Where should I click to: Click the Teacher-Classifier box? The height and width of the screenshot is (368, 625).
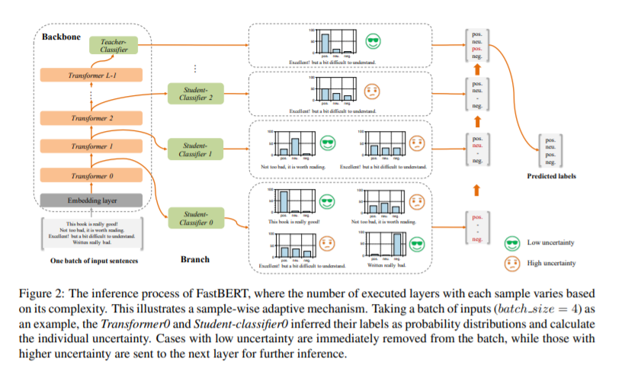tap(108, 46)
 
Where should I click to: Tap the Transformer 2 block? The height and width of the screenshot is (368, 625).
tap(91, 118)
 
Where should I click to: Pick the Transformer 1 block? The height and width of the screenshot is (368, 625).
tap(91, 146)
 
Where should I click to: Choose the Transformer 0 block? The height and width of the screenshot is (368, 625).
tap(91, 176)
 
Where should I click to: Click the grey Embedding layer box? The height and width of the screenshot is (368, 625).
tap(91, 200)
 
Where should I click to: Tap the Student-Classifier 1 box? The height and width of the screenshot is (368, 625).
tap(194, 149)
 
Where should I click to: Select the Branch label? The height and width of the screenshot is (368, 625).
tap(194, 260)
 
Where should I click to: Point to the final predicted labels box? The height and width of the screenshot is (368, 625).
tap(551, 151)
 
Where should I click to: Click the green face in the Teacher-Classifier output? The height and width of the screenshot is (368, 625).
tap(373, 42)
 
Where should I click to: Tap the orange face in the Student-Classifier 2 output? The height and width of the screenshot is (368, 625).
tap(373, 90)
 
